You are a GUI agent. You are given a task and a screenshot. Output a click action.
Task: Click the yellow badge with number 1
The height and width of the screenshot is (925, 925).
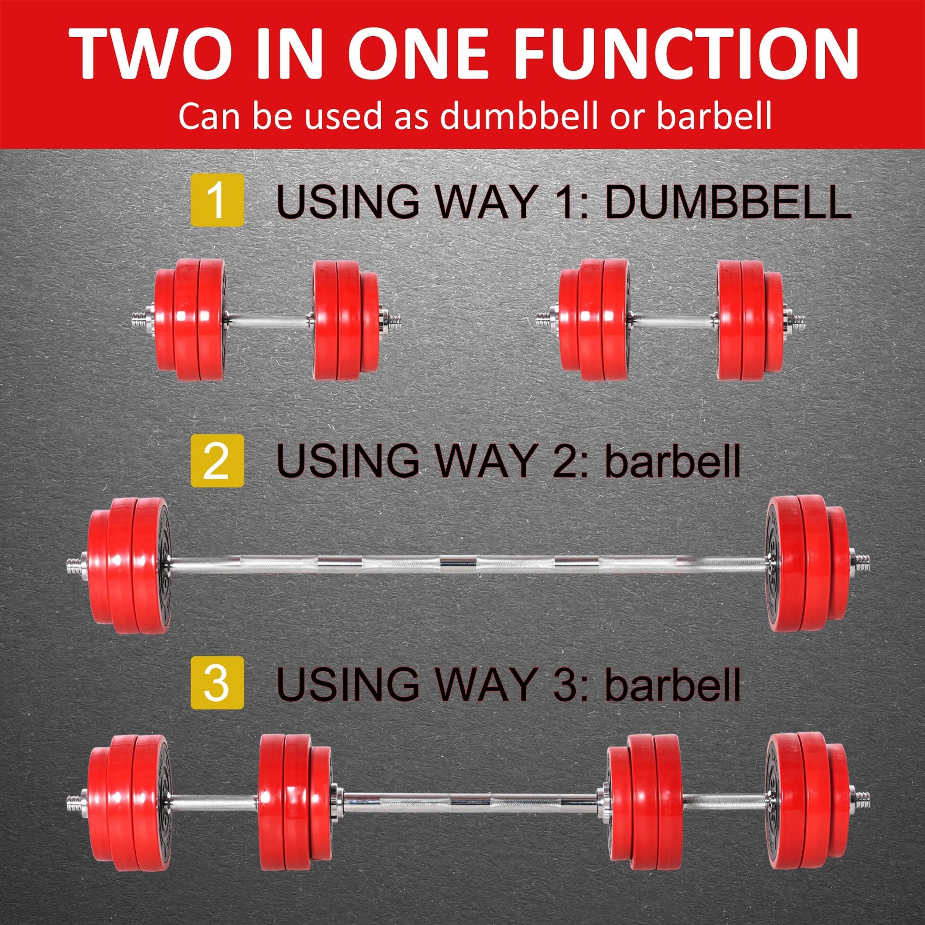217,201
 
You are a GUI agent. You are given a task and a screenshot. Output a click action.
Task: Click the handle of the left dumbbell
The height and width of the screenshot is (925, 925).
269,320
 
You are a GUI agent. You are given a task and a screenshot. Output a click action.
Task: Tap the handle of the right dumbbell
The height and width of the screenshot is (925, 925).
673,320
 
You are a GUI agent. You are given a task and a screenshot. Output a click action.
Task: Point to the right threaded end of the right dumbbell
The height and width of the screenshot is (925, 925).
797,320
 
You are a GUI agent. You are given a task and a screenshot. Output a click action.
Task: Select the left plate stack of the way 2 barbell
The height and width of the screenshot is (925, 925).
129,566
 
